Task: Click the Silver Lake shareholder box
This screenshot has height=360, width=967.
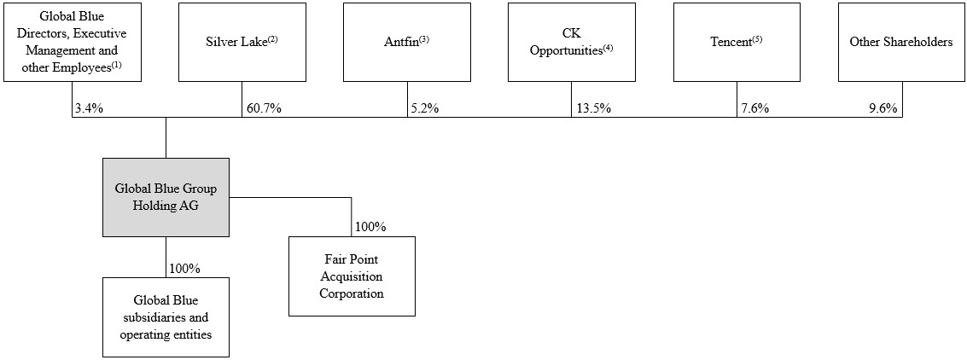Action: coord(242,42)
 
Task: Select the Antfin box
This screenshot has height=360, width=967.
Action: coord(407,42)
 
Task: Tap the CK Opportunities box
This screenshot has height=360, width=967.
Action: coord(572,42)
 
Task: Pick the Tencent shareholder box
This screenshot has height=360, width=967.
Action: coord(737,42)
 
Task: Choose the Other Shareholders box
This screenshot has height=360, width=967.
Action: coord(901,42)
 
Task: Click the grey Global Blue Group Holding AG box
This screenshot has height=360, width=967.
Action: coord(166,197)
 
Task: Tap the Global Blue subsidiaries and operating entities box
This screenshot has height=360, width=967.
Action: coord(166,316)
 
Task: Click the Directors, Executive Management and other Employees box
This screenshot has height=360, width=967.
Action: coord(73,42)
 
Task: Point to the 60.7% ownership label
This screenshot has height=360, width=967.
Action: coord(264,108)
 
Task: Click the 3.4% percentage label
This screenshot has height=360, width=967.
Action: coord(89,108)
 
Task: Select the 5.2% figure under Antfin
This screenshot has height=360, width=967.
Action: coord(424,108)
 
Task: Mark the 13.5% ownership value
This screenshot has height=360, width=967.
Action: coord(593,108)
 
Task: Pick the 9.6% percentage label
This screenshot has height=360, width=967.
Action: coord(883,108)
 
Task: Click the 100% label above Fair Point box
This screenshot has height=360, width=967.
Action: coord(370,227)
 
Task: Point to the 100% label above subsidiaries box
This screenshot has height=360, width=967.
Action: coord(185,269)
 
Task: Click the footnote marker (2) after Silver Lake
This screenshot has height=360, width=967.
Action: coord(271,39)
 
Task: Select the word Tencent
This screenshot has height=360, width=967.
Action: coord(731,42)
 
